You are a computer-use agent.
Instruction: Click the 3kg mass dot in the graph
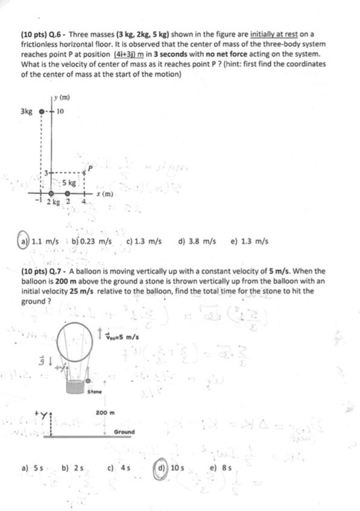41,111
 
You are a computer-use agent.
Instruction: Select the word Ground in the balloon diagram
124,432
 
